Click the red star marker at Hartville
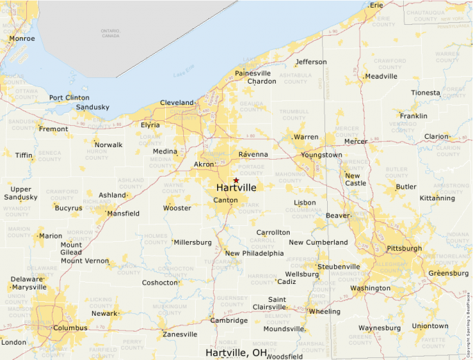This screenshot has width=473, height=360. pos(236,180)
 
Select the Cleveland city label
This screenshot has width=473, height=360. pos(177,103)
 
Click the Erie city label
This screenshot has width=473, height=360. pos(376,6)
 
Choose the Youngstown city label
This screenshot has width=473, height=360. pos(321,155)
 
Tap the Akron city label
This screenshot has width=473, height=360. pos(204,164)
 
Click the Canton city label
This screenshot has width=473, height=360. pos(225,200)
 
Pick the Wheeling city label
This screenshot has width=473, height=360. pos(324,311)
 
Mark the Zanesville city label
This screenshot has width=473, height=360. pos(180,334)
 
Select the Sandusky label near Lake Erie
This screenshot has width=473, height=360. pos(93,107)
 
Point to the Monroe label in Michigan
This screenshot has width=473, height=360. pos(21,39)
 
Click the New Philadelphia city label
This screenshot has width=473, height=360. pos(254,253)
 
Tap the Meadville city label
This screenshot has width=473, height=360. pos(381,76)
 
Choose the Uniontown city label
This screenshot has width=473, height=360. pos(429,325)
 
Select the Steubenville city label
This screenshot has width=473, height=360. pos(338,267)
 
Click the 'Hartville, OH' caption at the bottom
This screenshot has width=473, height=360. pos(236,352)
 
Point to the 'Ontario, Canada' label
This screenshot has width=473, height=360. pos(110,33)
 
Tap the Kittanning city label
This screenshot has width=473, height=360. pos(437,198)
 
